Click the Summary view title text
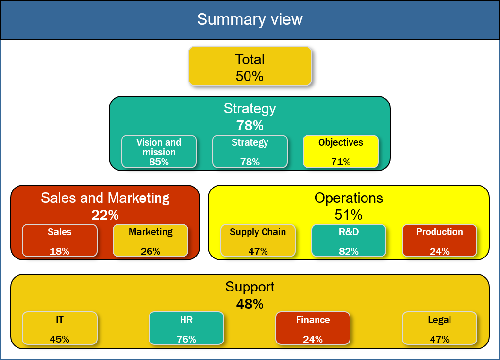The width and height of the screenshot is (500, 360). point(250,19)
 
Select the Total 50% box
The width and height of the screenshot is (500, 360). point(250,66)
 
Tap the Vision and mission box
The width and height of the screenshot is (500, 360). point(159,151)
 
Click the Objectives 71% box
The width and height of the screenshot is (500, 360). point(341,151)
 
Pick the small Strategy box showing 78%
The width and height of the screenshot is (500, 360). point(250,151)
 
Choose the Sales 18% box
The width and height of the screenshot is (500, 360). point(60,240)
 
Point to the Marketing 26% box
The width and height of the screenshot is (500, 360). point(150,240)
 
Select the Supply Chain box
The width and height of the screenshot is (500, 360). point(258,240)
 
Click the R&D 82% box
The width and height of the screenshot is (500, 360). point(349,240)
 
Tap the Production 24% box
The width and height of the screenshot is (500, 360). point(439,240)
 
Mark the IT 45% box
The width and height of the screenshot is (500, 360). point(60,328)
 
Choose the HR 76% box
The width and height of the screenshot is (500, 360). point(186,328)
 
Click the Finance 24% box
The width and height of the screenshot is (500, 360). point(313,328)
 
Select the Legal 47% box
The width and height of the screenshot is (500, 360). point(439,328)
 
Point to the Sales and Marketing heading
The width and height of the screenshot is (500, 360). point(105,198)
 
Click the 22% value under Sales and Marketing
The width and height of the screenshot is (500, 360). point(105,215)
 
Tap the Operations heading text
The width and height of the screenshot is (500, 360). point(349,198)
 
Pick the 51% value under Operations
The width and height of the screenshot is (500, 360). point(349,215)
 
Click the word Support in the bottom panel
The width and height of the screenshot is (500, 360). point(250,287)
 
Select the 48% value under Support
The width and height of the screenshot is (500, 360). point(250,304)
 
